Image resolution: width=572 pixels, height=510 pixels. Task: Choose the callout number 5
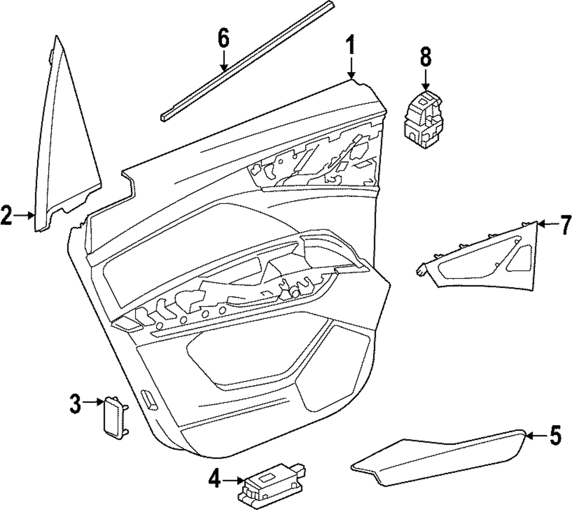coord(555,437)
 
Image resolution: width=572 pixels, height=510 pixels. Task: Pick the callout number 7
coord(565,223)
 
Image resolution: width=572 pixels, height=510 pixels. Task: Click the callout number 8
coord(425,57)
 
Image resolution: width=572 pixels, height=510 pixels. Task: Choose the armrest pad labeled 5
coord(440,455)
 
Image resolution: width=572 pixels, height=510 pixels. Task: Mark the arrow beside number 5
coord(535,437)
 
